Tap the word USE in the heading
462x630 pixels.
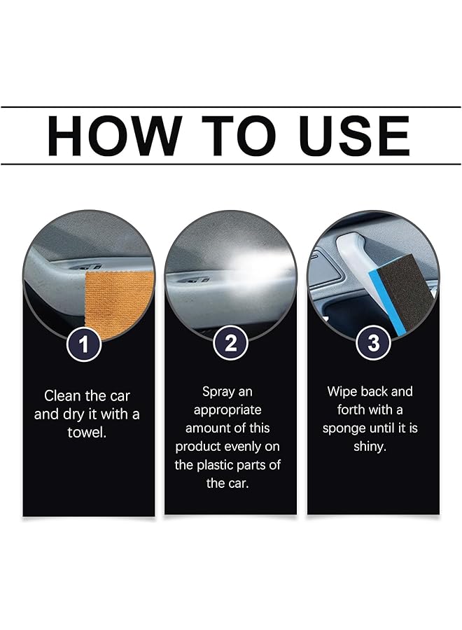click(x=354, y=136)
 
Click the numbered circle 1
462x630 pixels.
click(x=85, y=343)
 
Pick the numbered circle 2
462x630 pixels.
click(x=230, y=343)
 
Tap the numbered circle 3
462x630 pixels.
click(x=372, y=343)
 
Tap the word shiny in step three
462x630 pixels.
click(x=370, y=446)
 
